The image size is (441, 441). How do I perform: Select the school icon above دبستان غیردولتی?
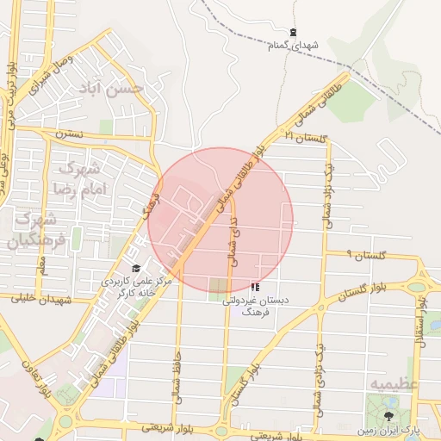(x=255, y=287)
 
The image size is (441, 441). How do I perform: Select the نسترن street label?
(x=69, y=134)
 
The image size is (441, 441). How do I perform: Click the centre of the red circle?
(x=220, y=220)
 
